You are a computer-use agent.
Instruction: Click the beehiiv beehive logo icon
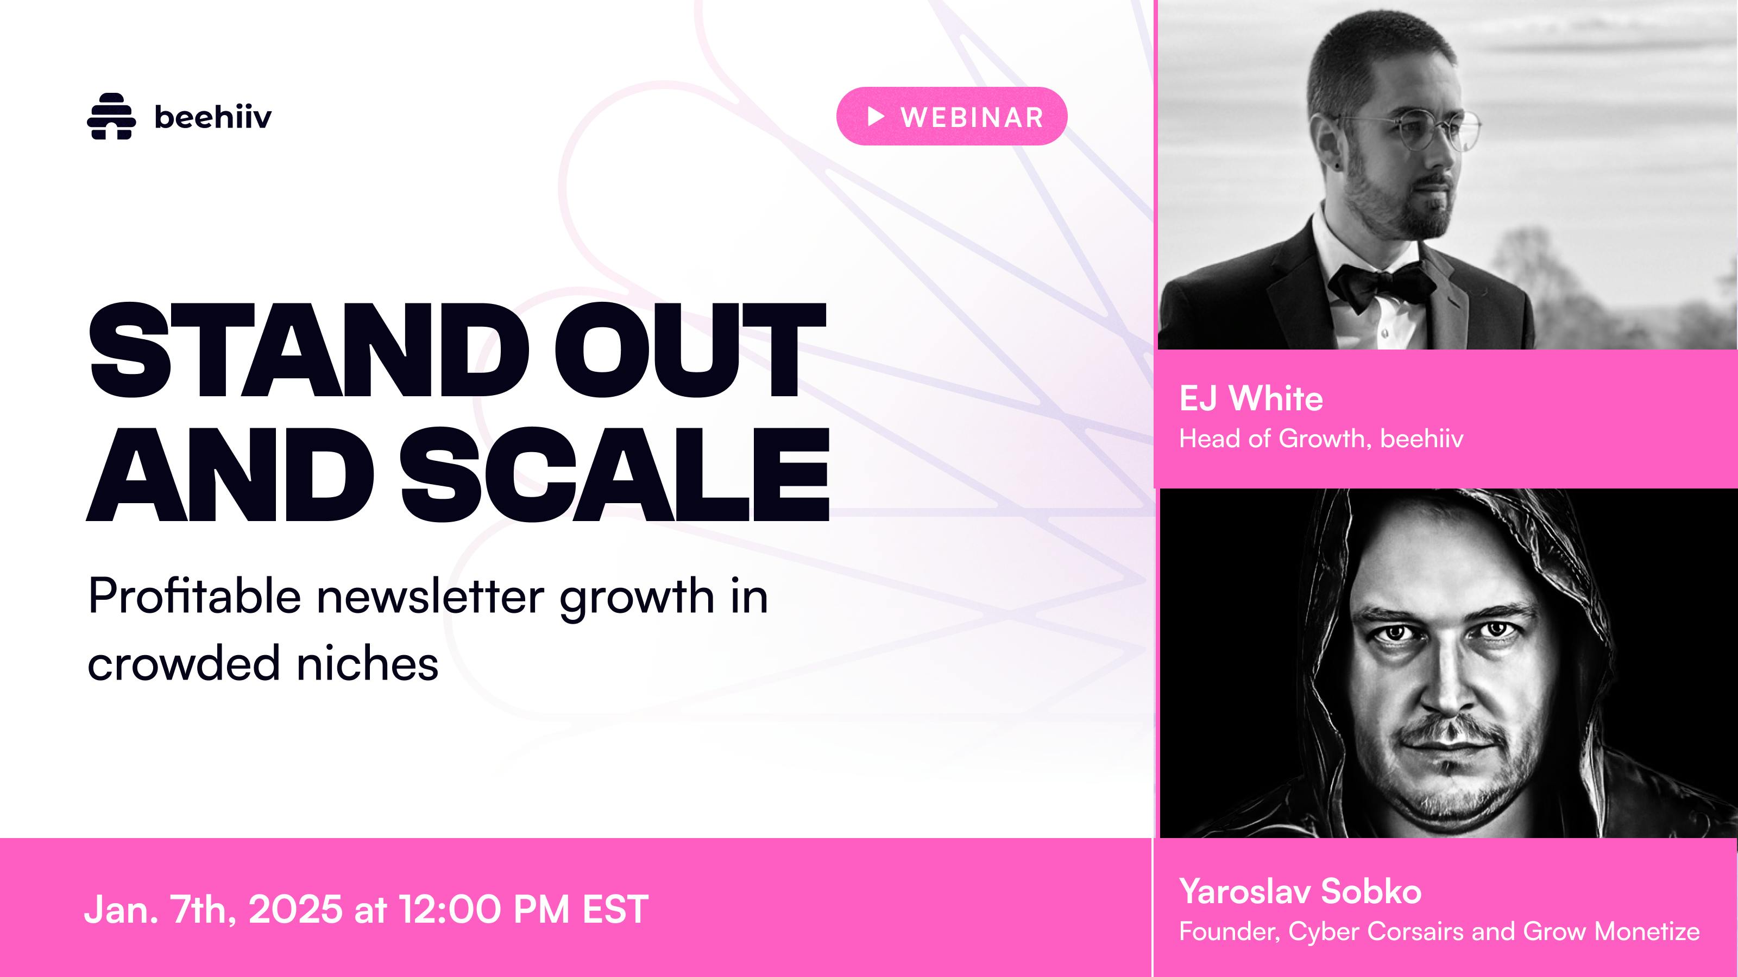coord(111,116)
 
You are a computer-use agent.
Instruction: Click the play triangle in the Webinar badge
coord(876,117)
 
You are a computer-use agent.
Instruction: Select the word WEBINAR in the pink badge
coord(972,117)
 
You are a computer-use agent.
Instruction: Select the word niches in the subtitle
coord(368,663)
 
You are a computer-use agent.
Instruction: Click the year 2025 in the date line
coord(295,909)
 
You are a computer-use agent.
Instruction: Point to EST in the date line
coord(615,909)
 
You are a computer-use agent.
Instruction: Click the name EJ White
coord(1251,398)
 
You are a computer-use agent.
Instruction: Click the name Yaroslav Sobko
coord(1301,891)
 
